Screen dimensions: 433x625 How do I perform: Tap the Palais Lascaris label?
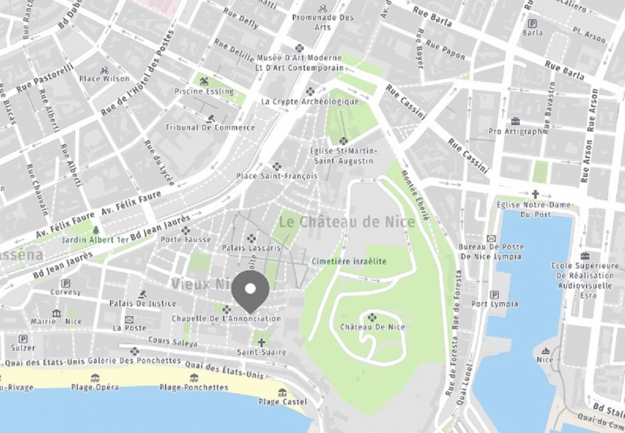pyautogui.click(x=251, y=248)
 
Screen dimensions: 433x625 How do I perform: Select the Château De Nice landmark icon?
pyautogui.click(x=372, y=317)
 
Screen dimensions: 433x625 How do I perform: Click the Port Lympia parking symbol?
pyautogui.click(x=494, y=294)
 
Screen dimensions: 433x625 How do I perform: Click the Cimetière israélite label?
pyautogui.click(x=349, y=261)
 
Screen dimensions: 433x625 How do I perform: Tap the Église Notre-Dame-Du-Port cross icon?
pyautogui.click(x=535, y=194)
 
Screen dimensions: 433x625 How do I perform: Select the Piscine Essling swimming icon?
pyautogui.click(x=204, y=81)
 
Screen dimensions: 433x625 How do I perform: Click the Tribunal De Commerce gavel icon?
pyautogui.click(x=210, y=118)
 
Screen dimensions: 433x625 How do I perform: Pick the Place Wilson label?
pyautogui.click(x=104, y=78)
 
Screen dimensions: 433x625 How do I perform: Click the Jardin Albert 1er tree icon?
pyautogui.click(x=96, y=230)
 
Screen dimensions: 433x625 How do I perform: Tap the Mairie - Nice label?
pyautogui.click(x=56, y=321)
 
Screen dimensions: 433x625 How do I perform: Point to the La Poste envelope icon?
pyautogui.click(x=129, y=319)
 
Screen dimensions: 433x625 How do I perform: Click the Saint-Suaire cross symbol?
pyautogui.click(x=261, y=343)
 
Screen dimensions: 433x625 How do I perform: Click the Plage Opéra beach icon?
pyautogui.click(x=95, y=378)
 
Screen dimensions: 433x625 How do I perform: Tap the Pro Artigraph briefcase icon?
pyautogui.click(x=515, y=121)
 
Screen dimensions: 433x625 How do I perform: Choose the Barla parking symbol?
pyautogui.click(x=532, y=23)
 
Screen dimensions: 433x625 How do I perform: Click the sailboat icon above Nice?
pyautogui.click(x=545, y=350)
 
